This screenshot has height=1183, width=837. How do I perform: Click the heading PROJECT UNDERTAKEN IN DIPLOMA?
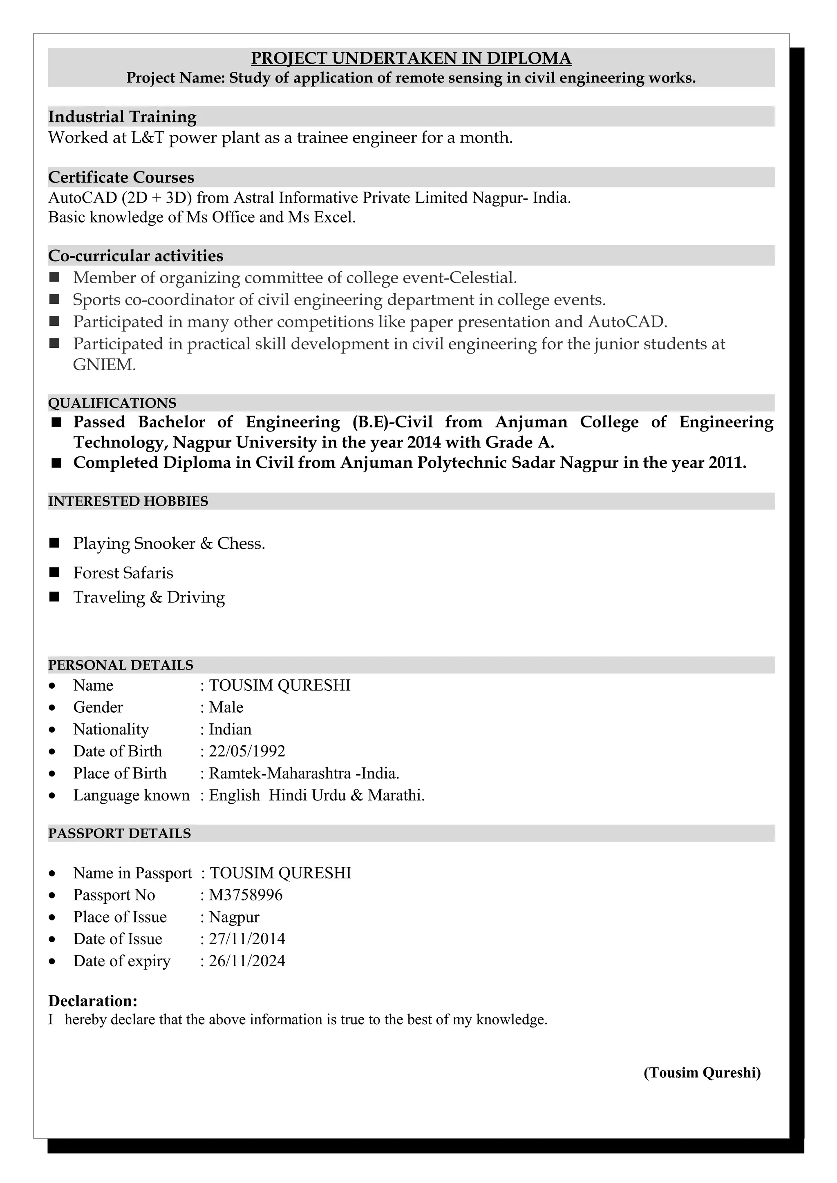pyautogui.click(x=411, y=58)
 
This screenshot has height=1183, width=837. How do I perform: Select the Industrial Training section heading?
pyautogui.click(x=122, y=117)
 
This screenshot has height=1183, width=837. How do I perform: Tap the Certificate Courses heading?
pyautogui.click(x=121, y=177)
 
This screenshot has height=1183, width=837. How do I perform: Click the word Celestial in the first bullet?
pyautogui.click(x=482, y=278)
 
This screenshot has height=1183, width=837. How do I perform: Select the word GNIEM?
pyautogui.click(x=104, y=365)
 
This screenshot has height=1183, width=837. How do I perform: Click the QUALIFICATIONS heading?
pyautogui.click(x=112, y=403)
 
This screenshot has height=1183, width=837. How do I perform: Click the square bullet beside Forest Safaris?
pyautogui.click(x=55, y=572)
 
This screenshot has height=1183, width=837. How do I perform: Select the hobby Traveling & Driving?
pyautogui.click(x=149, y=597)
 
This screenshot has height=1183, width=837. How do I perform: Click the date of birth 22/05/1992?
pyautogui.click(x=246, y=751)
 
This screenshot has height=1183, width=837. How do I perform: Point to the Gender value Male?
pyautogui.click(x=226, y=707)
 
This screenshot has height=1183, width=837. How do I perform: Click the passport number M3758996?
pyautogui.click(x=246, y=895)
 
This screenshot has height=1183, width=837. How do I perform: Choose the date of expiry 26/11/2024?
pyautogui.click(x=246, y=961)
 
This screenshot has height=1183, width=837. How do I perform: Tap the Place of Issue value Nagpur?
pyautogui.click(x=234, y=917)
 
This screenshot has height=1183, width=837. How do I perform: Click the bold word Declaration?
pyautogui.click(x=93, y=1001)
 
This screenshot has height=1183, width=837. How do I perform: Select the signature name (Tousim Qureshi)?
pyautogui.click(x=702, y=1073)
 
